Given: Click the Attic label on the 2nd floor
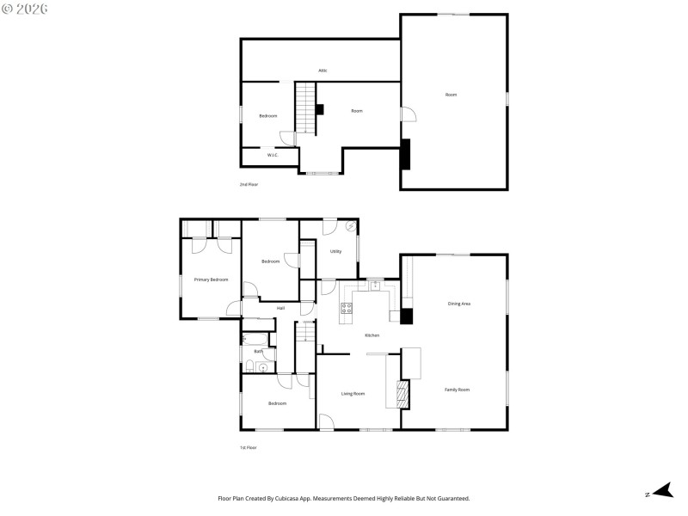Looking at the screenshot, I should pos(322,71).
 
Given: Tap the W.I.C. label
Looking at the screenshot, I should pos(271,155).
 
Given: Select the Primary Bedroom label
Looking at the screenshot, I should pos(211,279).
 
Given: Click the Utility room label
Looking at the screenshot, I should pos(335,251).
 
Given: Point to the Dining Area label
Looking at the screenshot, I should pos(459,304).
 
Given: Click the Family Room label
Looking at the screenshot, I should pos(457,390).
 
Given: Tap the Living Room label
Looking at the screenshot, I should pos(353,393).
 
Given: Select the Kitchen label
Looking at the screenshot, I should pos(372,335).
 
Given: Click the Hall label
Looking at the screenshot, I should pos(280,308).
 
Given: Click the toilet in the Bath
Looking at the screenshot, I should pos(249,368).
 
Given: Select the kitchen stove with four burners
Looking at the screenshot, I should pos(347,309).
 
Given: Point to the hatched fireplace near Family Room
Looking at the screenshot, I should pos(401,395).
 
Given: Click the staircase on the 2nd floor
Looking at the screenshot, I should pos(307,107).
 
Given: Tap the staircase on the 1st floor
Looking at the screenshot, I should pos(305,342).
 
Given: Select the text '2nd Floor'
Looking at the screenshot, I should pos(249,185).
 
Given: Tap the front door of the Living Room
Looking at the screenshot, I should pos(327,422).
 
